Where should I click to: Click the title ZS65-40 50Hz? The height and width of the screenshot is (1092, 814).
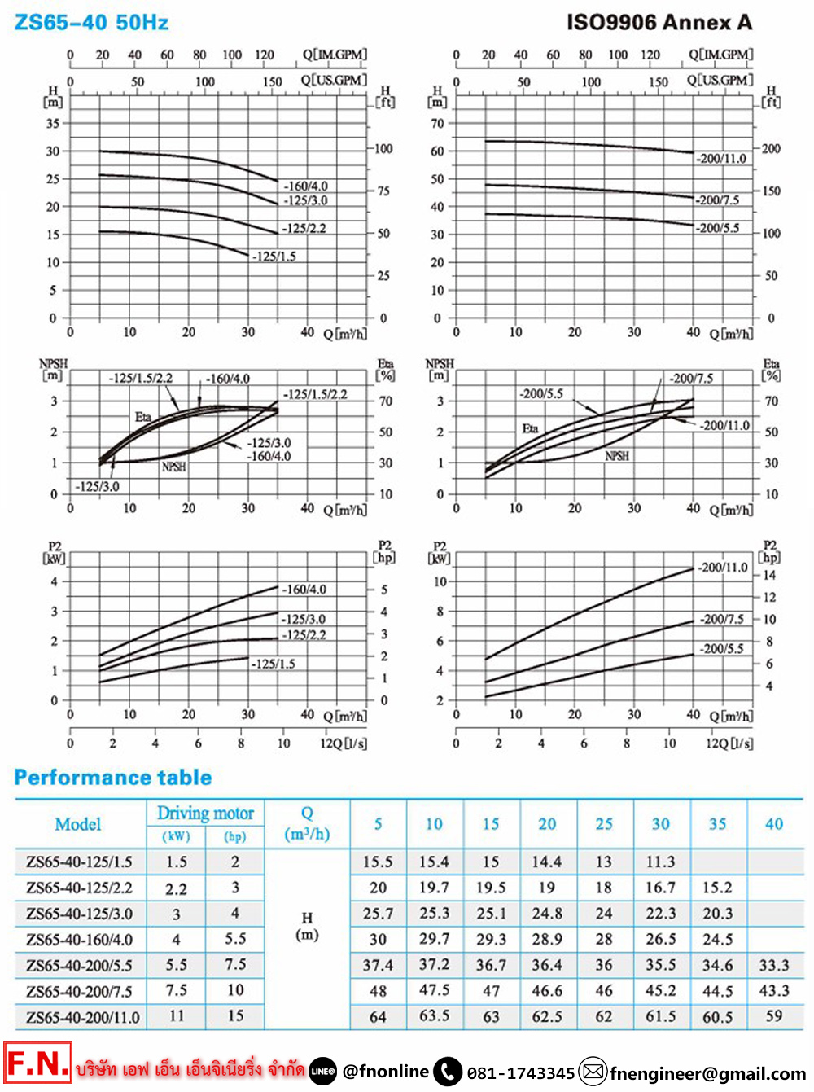[91, 23]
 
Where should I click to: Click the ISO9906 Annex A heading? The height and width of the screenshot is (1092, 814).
[659, 23]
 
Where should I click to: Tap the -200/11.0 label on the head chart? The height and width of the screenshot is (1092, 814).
[722, 159]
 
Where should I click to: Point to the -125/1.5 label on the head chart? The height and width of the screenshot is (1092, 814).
[274, 257]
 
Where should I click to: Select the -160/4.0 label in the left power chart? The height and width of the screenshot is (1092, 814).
[304, 589]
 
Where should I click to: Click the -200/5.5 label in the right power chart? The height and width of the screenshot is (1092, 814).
[722, 649]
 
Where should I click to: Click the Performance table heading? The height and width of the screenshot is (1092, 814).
[113, 778]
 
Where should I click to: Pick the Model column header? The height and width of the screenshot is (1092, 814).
[78, 824]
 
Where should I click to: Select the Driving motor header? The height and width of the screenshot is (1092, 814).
[205, 813]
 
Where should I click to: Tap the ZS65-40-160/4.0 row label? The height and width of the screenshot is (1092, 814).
[79, 940]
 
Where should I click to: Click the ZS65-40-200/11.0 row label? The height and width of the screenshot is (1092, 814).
[82, 1017]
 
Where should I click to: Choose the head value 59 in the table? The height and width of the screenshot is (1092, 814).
[774, 1016]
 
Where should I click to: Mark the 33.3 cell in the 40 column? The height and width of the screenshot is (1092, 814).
[774, 965]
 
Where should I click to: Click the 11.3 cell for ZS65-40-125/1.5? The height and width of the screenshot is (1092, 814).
[660, 862]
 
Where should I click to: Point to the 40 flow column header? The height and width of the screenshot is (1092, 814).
[774, 824]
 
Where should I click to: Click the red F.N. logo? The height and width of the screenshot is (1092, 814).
[37, 1063]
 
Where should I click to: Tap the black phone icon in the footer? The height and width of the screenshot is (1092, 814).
[448, 1072]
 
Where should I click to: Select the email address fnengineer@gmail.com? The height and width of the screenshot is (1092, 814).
[707, 1073]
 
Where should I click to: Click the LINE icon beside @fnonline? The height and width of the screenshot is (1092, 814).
[323, 1072]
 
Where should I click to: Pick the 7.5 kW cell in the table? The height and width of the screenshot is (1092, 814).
[177, 991]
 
